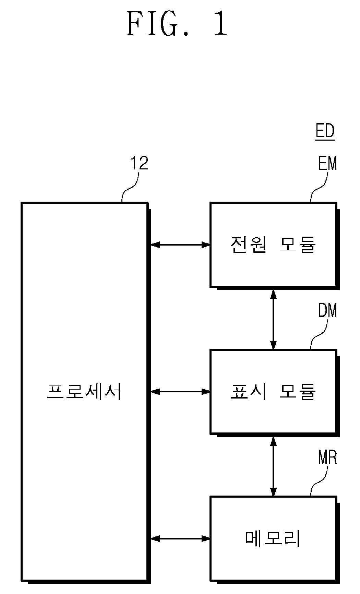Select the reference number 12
pyautogui.click(x=139, y=163)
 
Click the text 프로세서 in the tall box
pyautogui.click(x=84, y=391)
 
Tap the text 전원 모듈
pyautogui.click(x=273, y=245)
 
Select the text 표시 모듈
pyautogui.click(x=273, y=391)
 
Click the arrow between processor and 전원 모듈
pyautogui.click(x=180, y=245)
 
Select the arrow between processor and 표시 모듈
pyautogui.click(x=180, y=391)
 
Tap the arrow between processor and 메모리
pyautogui.click(x=180, y=539)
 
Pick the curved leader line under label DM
pyautogui.click(x=319, y=334)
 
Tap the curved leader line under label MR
pyautogui.click(x=319, y=481)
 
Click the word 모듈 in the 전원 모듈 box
pyautogui.click(x=297, y=245)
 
